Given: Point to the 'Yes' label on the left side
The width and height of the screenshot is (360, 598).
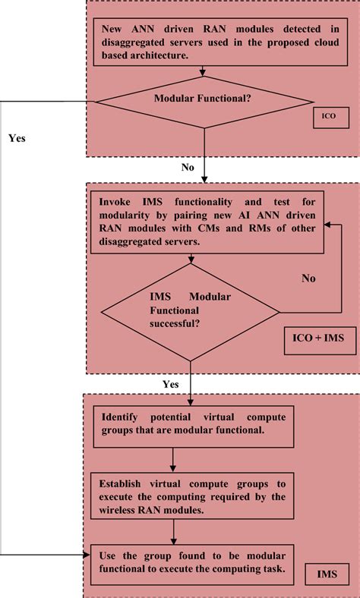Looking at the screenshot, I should point(17,139).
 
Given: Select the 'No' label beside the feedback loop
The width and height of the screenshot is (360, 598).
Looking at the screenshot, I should point(308,278).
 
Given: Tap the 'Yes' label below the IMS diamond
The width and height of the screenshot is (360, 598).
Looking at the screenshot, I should point(171,384).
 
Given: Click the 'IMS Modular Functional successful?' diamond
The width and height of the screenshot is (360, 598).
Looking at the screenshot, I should point(190,312).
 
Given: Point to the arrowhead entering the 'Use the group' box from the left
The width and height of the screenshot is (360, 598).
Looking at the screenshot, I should point(87,556).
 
